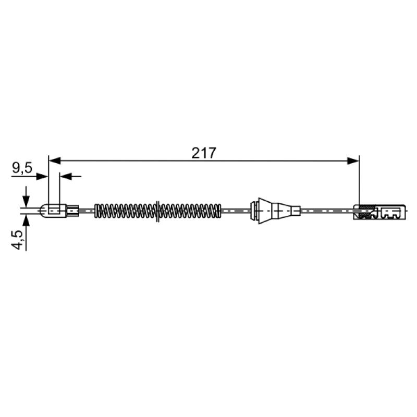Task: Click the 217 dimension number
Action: [x=204, y=153]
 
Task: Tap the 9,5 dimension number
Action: [x=22, y=168]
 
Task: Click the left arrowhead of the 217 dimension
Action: [x=55, y=161]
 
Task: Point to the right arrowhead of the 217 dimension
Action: [x=353, y=161]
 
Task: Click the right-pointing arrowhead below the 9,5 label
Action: [x=42, y=176]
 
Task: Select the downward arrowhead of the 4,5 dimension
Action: [x=26, y=201]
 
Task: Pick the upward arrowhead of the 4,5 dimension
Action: [x=26, y=220]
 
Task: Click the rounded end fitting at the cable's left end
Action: [x=53, y=211]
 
